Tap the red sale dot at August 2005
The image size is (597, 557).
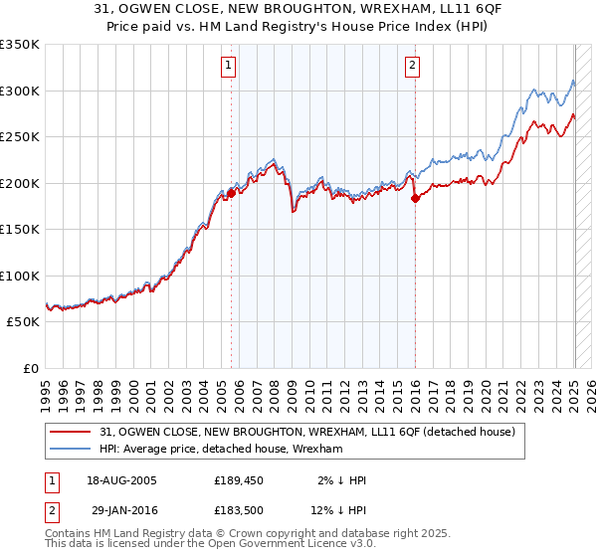232,193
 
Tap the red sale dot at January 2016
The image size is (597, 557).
415,199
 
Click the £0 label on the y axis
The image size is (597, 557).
31,368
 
